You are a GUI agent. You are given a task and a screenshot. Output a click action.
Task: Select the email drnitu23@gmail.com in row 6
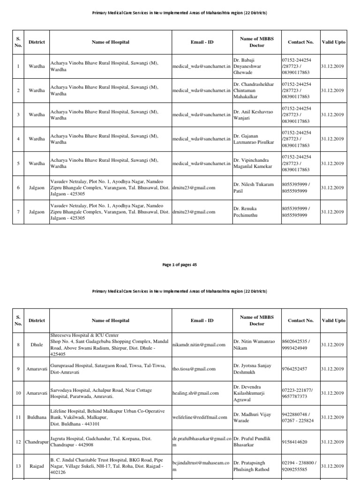click(194, 188)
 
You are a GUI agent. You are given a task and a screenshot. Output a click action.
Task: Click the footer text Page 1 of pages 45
click(180, 265)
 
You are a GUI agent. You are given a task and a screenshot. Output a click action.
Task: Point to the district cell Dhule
click(37, 345)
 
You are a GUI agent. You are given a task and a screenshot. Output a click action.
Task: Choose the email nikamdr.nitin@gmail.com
click(199, 345)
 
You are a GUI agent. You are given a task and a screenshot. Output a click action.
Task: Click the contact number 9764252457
click(294, 369)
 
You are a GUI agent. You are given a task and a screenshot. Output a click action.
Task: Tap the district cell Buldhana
click(37, 417)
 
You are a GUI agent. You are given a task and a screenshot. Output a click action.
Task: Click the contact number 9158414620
click(294, 442)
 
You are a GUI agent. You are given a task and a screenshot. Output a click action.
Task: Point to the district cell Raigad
click(37, 466)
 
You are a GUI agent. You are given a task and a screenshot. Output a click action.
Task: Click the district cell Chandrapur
click(37, 442)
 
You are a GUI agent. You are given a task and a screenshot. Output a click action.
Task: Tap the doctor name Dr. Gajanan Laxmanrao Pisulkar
click(253, 139)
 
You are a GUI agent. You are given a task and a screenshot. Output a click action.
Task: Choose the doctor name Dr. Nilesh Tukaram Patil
click(253, 188)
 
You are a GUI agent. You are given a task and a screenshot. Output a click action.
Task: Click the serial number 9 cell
click(18, 369)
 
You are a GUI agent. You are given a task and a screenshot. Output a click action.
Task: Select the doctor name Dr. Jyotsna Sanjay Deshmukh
click(253, 369)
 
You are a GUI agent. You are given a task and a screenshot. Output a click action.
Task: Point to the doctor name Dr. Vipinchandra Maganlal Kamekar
click(253, 164)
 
